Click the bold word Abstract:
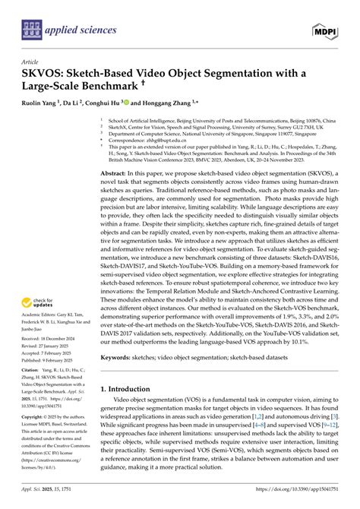coord(115,174)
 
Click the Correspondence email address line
coord(155,141)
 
